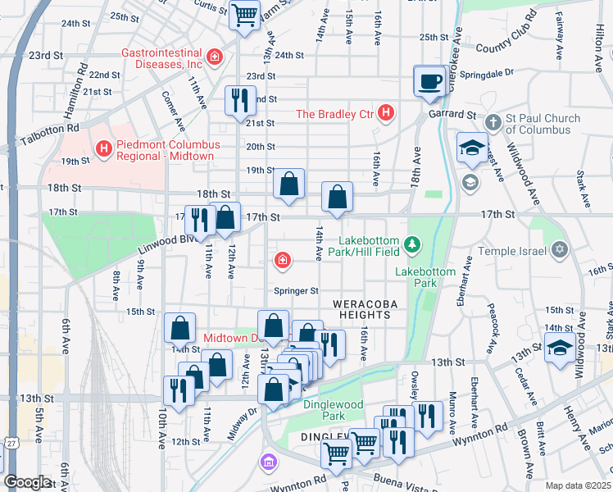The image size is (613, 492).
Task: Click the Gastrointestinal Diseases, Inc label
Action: coord(161,57)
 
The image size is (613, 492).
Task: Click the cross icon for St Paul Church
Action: coord(493,122)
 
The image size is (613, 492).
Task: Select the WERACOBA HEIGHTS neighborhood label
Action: coord(365,309)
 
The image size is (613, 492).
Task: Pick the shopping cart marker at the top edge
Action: coord(244,14)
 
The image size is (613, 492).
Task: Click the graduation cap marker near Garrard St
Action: coord(471,148)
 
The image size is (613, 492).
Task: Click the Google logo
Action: coord(27,482)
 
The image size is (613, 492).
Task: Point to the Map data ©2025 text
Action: coord(578,485)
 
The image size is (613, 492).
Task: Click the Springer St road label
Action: coord(296,290)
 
